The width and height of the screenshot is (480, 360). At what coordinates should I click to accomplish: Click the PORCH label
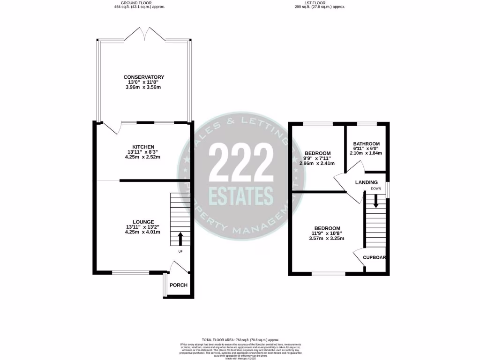(178, 285)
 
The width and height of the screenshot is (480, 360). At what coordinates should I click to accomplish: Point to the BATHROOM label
(367, 144)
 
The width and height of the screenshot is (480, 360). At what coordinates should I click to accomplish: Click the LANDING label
(367, 182)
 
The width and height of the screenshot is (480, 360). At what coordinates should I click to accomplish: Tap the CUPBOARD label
(375, 258)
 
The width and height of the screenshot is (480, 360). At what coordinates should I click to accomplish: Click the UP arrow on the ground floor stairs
(180, 239)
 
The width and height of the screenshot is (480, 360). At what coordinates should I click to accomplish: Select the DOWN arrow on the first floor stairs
(375, 202)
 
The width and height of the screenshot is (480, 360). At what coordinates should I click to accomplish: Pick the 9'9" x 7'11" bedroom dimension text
(318, 158)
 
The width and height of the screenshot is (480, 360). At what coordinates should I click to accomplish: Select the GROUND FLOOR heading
(140, 3)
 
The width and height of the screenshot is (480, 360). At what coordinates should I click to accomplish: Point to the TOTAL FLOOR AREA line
(240, 340)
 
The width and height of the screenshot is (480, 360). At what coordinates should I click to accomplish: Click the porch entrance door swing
(179, 268)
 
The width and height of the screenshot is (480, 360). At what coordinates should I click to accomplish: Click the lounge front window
(130, 271)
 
